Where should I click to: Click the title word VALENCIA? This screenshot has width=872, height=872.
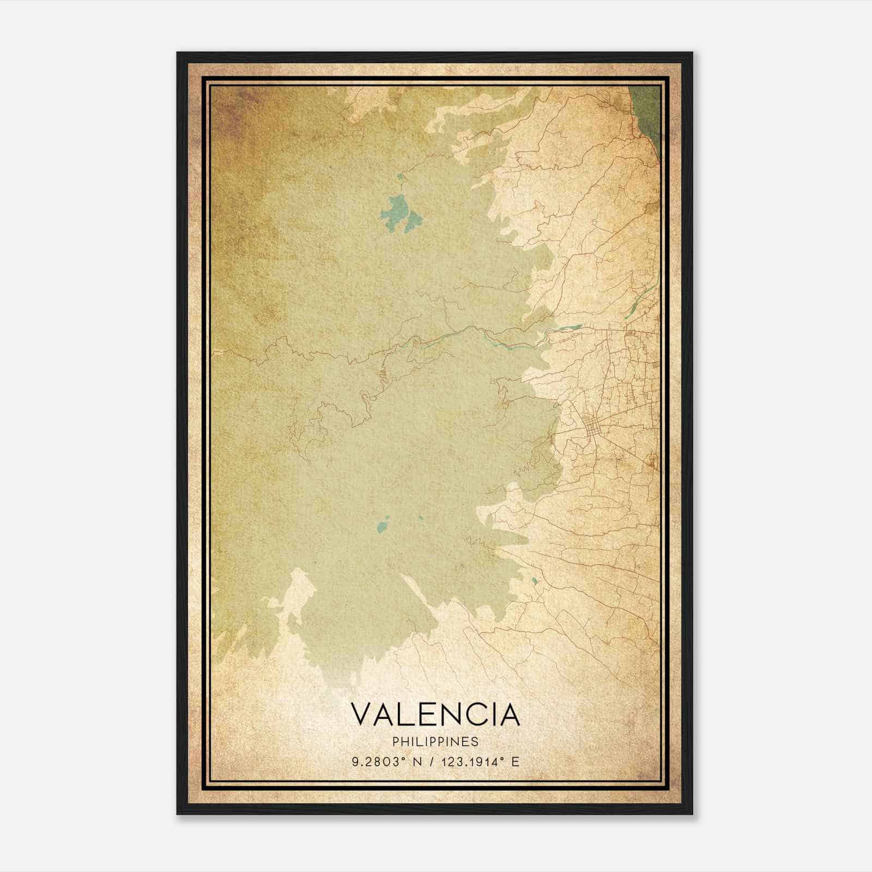[x=435, y=715]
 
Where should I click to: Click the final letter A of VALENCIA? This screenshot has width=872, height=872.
[x=510, y=715]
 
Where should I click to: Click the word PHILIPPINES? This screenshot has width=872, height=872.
[x=435, y=742]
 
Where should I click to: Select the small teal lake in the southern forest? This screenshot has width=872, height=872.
[x=383, y=527]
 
